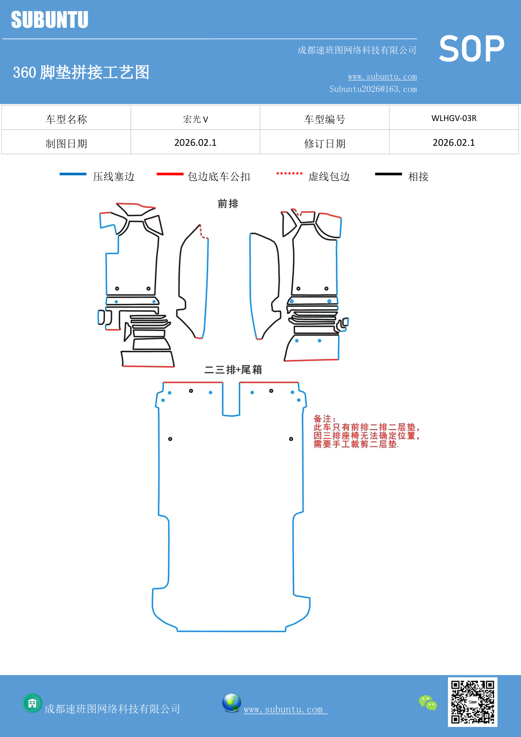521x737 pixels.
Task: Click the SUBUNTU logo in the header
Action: (50, 20)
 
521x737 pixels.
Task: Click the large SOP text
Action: (471, 49)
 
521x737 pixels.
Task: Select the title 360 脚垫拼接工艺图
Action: (81, 72)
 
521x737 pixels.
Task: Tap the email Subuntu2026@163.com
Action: (373, 89)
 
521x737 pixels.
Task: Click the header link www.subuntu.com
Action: (382, 76)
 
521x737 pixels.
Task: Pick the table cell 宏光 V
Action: (195, 119)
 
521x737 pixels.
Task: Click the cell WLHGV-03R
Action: (453, 118)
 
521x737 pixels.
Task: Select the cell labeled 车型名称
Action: (66, 119)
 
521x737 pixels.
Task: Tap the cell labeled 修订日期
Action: (325, 143)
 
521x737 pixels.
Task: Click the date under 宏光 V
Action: (195, 142)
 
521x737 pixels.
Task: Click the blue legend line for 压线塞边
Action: (73, 174)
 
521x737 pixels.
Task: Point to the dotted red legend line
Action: (289, 173)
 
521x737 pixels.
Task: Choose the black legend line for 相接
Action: (388, 174)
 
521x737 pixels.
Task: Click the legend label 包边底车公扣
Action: (219, 176)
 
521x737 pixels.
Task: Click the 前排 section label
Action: (228, 204)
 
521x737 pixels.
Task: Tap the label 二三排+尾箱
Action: (233, 370)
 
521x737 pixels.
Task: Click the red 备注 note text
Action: (366, 432)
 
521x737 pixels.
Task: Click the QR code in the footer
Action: (472, 702)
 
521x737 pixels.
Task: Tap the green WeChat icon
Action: (428, 703)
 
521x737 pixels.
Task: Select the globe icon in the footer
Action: (231, 703)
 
